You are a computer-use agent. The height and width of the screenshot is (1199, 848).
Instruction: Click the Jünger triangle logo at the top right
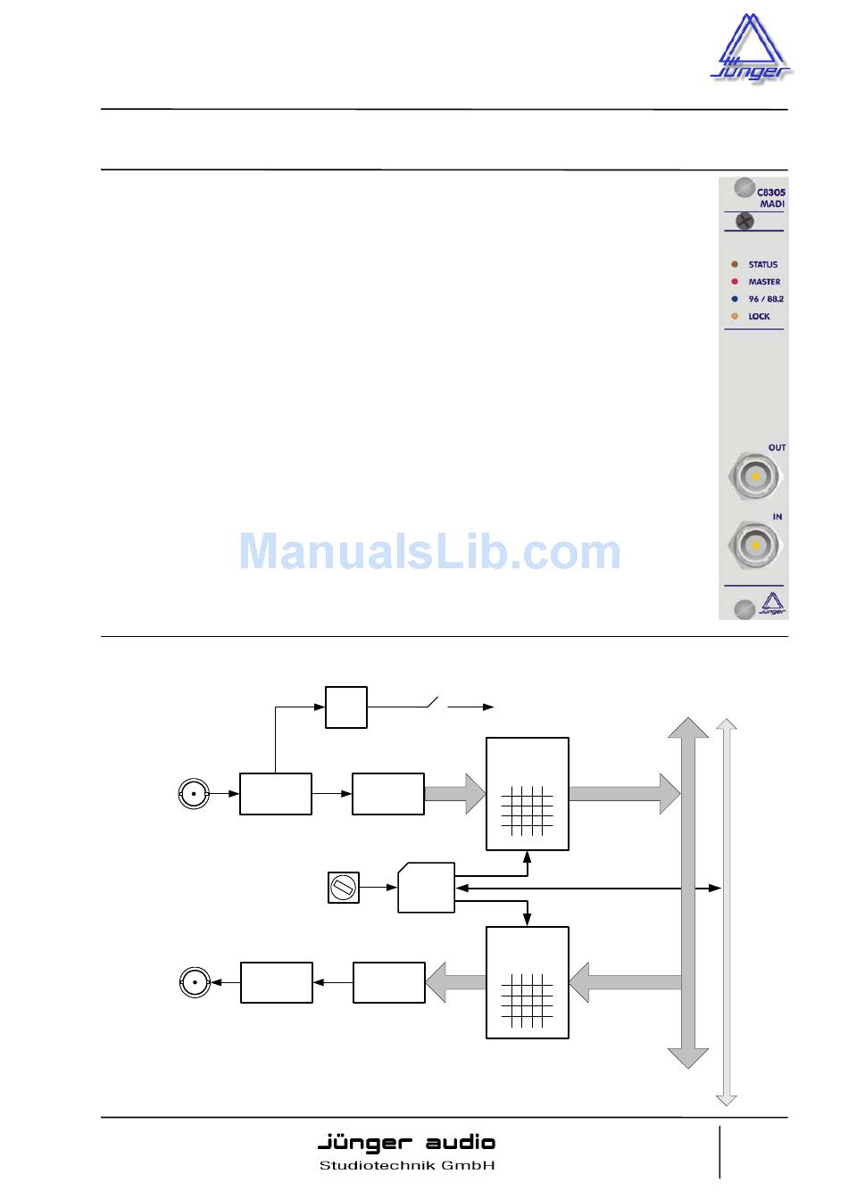point(750,49)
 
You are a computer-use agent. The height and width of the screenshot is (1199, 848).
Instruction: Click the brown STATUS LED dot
point(735,264)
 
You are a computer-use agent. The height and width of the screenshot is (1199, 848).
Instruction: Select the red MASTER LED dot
point(735,282)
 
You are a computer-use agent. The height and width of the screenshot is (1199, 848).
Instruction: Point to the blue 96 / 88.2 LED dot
point(735,299)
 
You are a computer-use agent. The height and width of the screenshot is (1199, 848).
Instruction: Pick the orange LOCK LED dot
point(735,317)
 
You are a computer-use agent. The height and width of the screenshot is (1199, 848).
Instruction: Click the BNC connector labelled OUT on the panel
point(755,477)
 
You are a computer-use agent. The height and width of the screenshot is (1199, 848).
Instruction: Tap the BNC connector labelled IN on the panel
point(755,545)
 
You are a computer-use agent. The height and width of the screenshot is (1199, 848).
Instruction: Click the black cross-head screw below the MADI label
point(744,220)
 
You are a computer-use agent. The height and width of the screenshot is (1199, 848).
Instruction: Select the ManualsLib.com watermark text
point(429,551)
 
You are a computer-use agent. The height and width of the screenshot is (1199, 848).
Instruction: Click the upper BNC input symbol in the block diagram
point(194,793)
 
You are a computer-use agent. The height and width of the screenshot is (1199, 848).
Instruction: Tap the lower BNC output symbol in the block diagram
point(194,982)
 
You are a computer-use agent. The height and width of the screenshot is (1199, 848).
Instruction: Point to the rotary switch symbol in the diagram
point(344,888)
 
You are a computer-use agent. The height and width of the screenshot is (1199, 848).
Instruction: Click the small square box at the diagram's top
point(346,707)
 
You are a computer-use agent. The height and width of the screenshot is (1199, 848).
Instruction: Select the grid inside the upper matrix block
point(527,810)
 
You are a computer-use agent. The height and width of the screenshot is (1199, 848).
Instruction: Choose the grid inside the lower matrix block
point(527,999)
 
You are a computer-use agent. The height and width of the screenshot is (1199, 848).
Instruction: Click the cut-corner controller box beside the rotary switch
point(427,888)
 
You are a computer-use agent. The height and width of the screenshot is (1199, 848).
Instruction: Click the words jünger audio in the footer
point(406,1143)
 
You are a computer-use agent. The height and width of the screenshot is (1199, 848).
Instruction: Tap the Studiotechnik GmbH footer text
point(407,1165)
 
